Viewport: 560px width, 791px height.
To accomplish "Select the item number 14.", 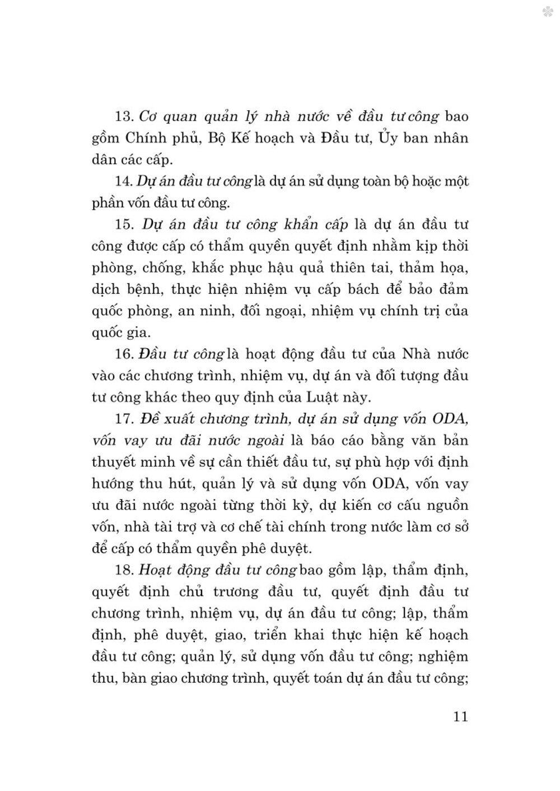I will pos(122,181).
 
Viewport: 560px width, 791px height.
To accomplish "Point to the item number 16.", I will pos(122,354).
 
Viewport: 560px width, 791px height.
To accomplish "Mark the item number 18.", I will pos(122,570).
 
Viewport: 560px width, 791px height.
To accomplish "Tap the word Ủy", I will pos(391,138).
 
